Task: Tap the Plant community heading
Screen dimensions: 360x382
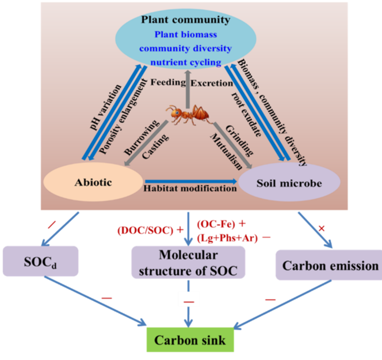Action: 185,20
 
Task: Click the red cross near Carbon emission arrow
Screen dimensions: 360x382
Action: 322,228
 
